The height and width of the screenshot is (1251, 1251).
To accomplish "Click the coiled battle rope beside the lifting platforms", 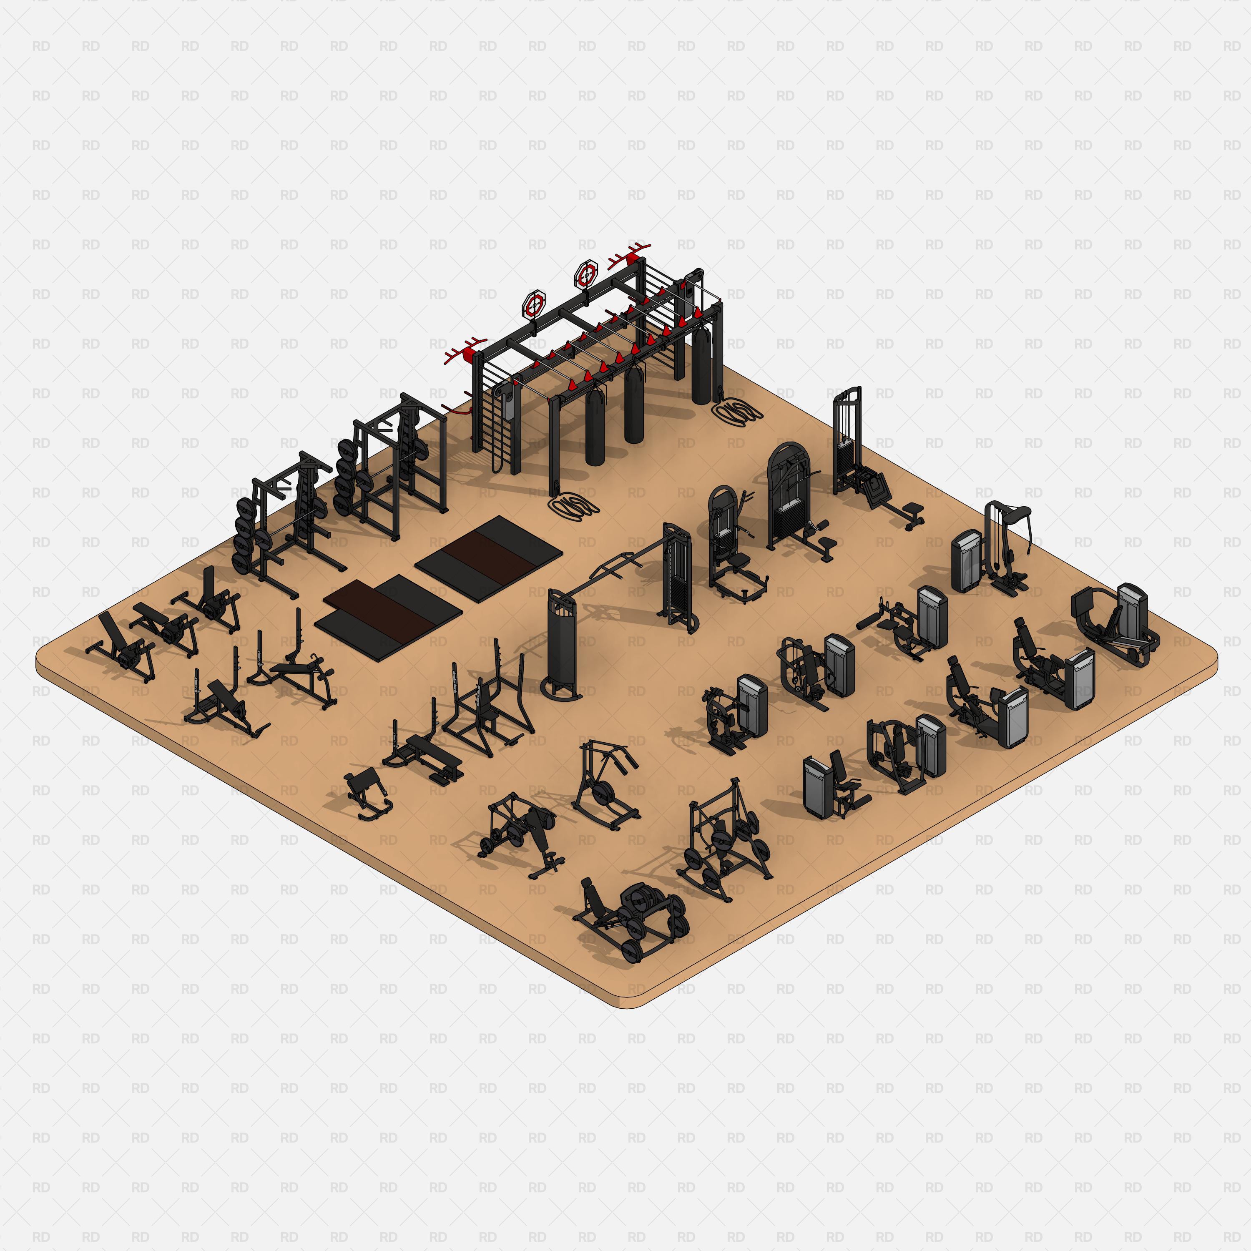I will click(x=573, y=505).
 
